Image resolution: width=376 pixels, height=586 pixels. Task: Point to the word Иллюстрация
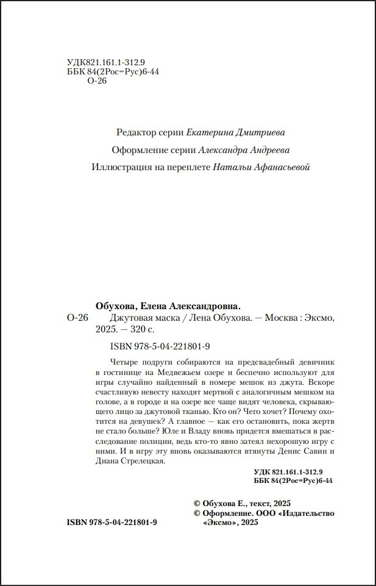(x=118, y=167)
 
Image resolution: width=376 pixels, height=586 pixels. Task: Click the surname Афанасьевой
(x=278, y=167)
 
